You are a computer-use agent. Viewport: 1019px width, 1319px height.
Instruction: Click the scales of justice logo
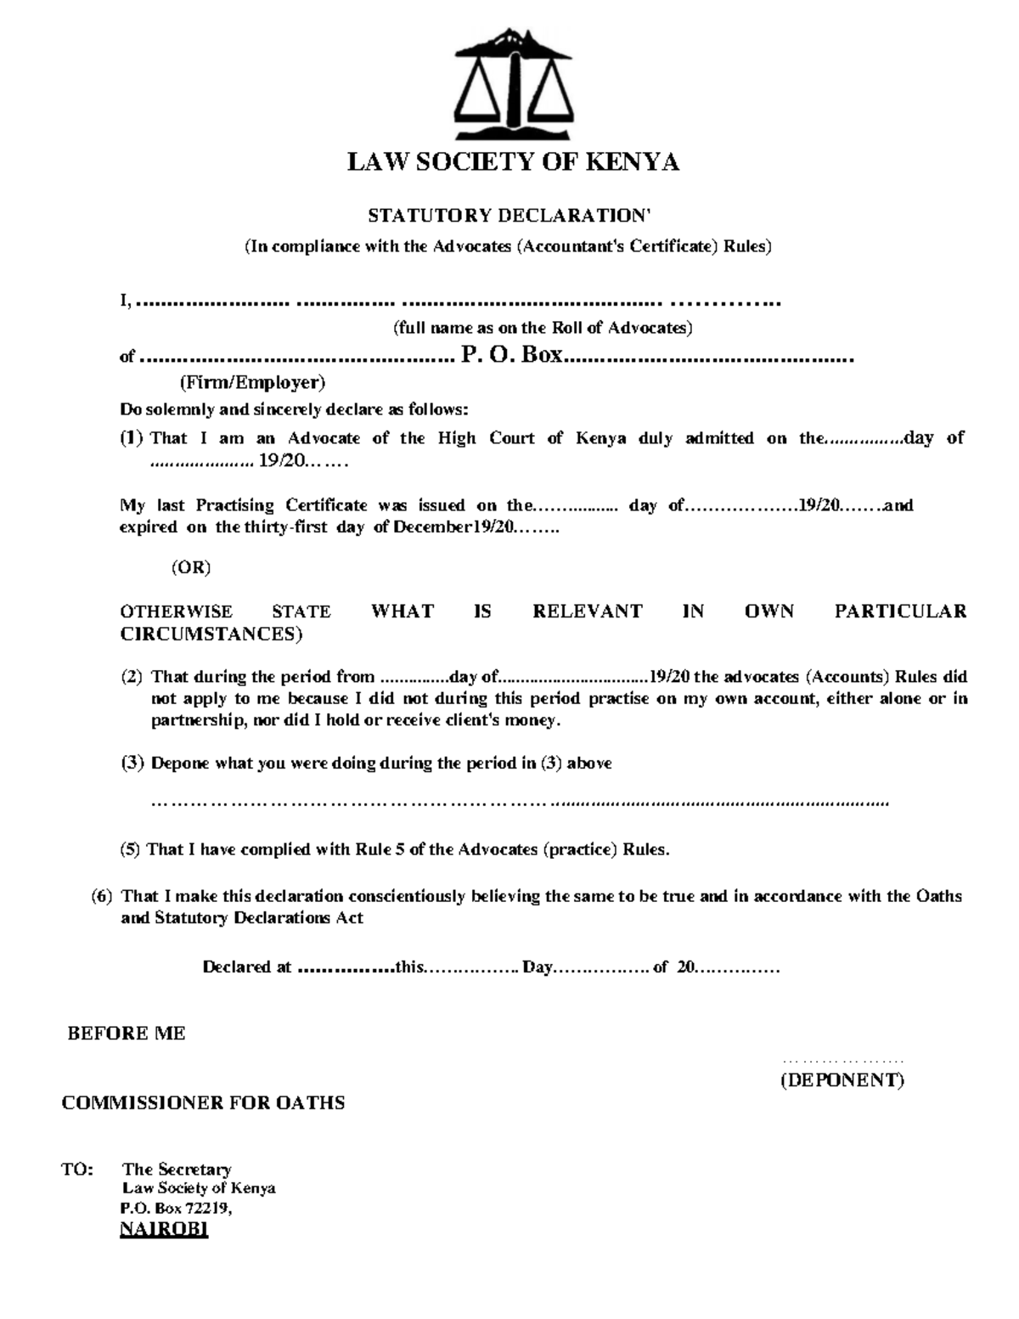[x=513, y=86]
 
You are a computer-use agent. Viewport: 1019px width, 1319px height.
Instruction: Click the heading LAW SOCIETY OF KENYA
[x=513, y=162]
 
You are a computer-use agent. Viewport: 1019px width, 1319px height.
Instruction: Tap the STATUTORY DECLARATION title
[x=509, y=216]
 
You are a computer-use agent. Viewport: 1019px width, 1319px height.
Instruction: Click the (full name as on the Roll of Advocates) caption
[x=542, y=328]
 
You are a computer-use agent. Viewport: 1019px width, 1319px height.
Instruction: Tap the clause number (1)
[x=132, y=438]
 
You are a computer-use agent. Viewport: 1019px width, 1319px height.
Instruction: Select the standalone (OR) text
[x=190, y=567]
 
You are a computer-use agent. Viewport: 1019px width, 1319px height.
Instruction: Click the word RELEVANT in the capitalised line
[x=587, y=612]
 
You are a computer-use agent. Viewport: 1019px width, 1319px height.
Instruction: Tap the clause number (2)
[x=132, y=677]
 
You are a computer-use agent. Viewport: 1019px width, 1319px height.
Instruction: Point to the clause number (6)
[x=102, y=896]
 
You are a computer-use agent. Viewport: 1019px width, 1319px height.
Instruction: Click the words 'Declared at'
[x=246, y=967]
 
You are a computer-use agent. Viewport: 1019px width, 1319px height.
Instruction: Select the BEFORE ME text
[x=127, y=1034]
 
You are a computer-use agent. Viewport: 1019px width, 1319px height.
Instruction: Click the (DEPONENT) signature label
[x=842, y=1080]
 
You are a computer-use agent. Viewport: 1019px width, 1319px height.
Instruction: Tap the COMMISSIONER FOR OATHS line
[x=203, y=1103]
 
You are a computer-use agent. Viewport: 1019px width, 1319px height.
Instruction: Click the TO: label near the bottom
[x=76, y=1170]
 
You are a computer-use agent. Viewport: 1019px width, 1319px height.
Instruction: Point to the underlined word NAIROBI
[x=164, y=1229]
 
